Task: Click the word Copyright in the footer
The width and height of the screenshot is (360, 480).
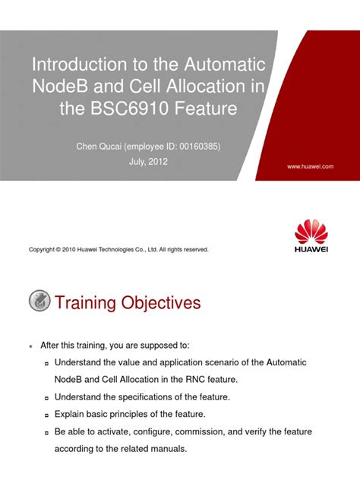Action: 43,249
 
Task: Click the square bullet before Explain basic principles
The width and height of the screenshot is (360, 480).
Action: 47,415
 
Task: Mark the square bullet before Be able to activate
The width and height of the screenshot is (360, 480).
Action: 47,433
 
